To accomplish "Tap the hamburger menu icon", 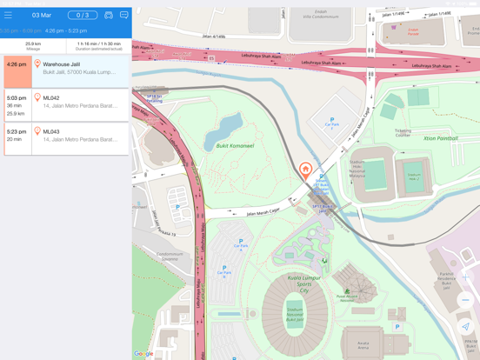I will pyautogui.click(x=9, y=15).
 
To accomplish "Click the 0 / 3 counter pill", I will pyautogui.click(x=83, y=15).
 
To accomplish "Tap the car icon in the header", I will pyautogui.click(x=109, y=15).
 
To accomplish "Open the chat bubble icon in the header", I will pyautogui.click(x=123, y=15).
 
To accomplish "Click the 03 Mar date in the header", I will pyautogui.click(x=41, y=15).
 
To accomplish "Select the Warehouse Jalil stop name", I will pyautogui.click(x=61, y=64).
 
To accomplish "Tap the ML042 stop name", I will pyautogui.click(x=51, y=98).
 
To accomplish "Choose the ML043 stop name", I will pyautogui.click(x=51, y=131).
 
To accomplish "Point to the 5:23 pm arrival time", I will pyautogui.click(x=17, y=131).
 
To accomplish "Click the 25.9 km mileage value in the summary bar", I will pyautogui.click(x=33, y=43).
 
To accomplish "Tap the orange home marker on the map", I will pyautogui.click(x=305, y=170).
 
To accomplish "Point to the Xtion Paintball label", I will pyautogui.click(x=440, y=138).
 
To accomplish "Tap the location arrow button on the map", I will pyautogui.click(x=465, y=327).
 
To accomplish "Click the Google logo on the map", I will pyautogui.click(x=143, y=354).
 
